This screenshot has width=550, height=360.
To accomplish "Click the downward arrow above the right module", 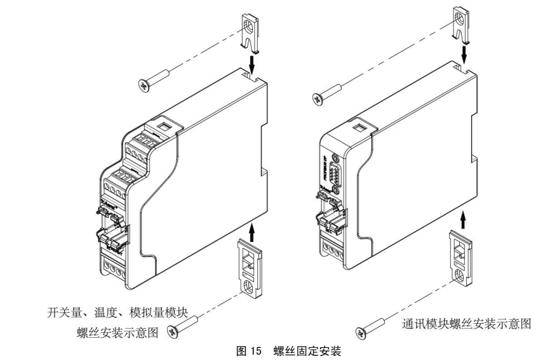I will click(x=464, y=54).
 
